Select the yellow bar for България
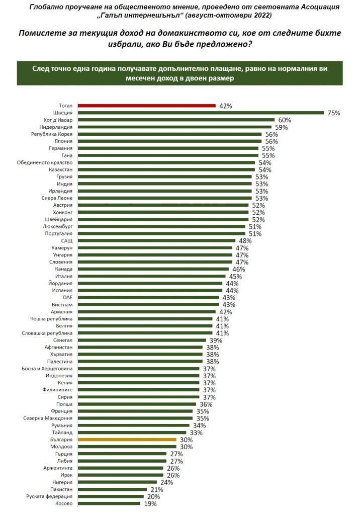point(127,439)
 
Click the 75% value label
point(334,113)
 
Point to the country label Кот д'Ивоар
point(58,120)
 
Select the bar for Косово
point(109,503)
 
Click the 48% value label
point(245,241)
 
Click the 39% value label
point(216,340)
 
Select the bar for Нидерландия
point(174,127)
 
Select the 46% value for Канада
point(239,269)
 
